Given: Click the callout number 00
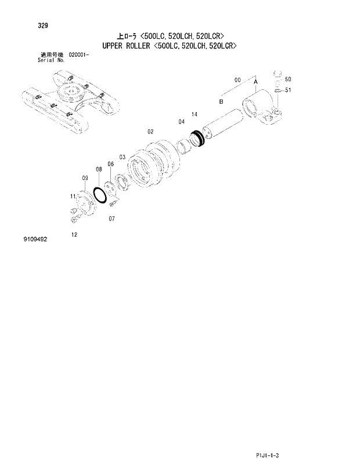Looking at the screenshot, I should point(237,79).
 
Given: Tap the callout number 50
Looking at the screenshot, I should point(288,79).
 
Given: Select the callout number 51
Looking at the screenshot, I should point(288,90).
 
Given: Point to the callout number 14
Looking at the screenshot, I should point(194,114).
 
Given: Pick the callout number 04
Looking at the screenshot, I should point(181,121).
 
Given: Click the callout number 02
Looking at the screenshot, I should point(150,132).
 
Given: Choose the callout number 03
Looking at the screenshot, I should point(123,157).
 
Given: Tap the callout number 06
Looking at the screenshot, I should point(110,164).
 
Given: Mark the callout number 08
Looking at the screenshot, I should point(99,169).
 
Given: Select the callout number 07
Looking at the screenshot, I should point(111,219).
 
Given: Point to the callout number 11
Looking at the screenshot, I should point(73,196).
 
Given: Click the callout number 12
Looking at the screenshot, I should point(74,234).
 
